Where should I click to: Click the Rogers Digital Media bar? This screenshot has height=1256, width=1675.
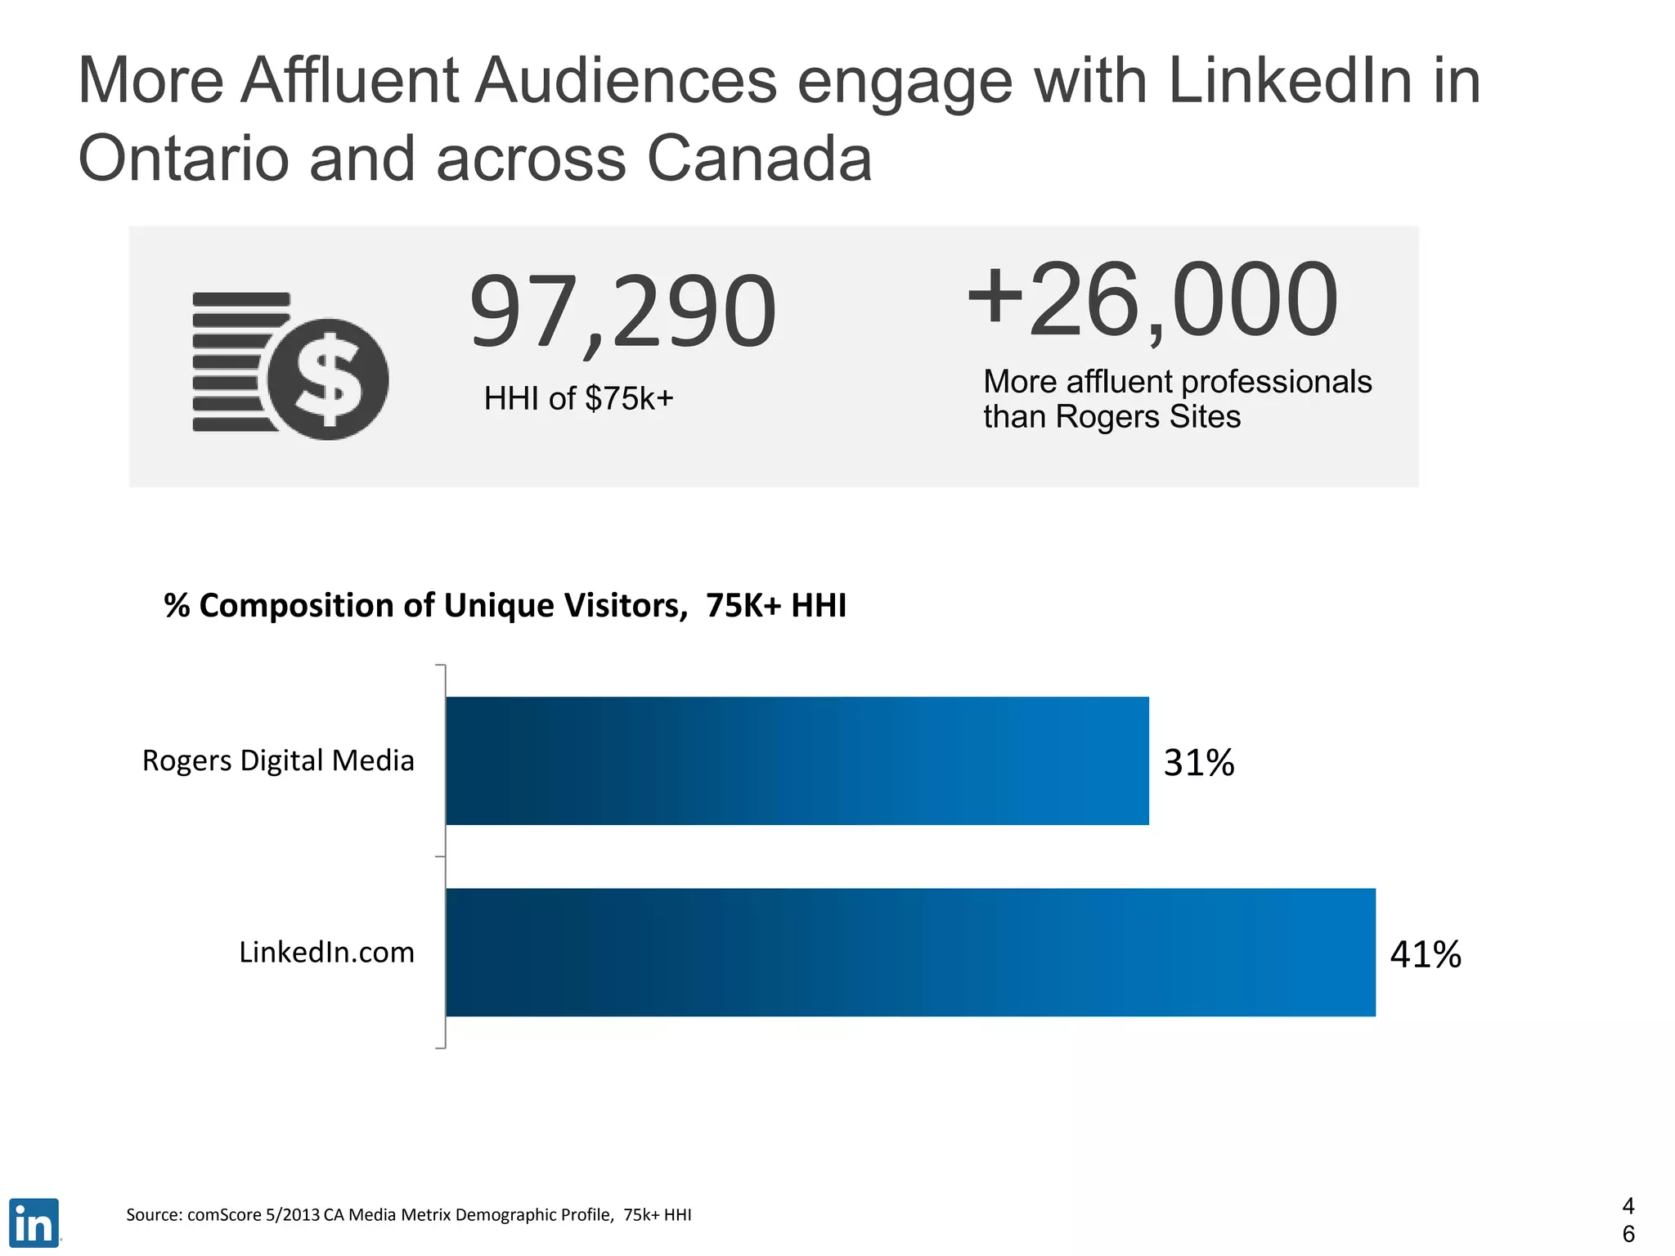[797, 760]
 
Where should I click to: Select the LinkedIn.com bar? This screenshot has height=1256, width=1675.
[910, 952]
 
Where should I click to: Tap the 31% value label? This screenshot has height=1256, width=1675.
[1198, 762]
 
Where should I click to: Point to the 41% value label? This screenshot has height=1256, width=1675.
[1426, 954]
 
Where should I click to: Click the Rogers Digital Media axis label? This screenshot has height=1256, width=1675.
[278, 760]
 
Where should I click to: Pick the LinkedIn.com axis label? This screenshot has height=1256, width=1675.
[326, 953]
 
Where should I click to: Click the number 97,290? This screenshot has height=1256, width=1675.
[622, 312]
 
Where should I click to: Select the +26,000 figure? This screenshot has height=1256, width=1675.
[1152, 300]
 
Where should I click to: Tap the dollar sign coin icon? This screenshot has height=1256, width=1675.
[328, 379]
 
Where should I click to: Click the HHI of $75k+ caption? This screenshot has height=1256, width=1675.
[578, 399]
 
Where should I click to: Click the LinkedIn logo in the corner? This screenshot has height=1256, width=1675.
[34, 1222]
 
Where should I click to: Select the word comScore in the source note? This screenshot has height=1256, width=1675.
[224, 1215]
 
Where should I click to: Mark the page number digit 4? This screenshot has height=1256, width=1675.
[1628, 1206]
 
